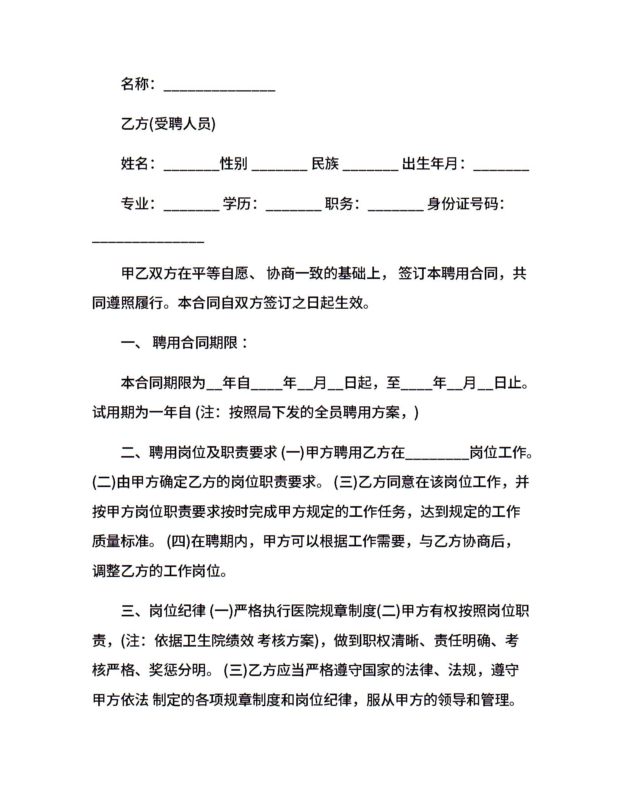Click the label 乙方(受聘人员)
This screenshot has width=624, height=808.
tap(168, 124)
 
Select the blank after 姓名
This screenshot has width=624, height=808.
tap(191, 167)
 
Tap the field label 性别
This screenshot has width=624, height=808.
tap(234, 164)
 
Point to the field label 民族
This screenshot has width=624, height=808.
tap(325, 164)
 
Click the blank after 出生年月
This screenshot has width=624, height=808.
tap(501, 167)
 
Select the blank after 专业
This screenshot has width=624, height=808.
tap(191, 207)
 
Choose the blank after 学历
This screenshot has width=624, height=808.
tap(293, 207)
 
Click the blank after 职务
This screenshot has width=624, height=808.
tap(395, 207)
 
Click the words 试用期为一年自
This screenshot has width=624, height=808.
tap(142, 412)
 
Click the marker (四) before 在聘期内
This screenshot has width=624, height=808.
tap(179, 542)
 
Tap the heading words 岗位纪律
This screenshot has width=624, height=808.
tap(177, 611)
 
